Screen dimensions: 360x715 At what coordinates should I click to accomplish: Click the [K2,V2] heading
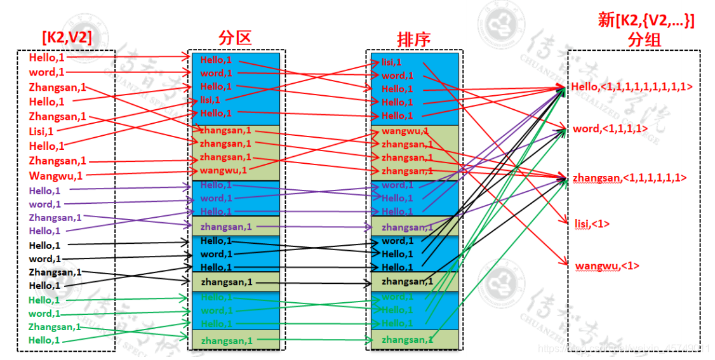pos(67,38)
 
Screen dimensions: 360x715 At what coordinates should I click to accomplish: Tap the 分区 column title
pos(234,38)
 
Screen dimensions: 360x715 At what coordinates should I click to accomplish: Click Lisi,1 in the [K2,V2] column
pos(41,131)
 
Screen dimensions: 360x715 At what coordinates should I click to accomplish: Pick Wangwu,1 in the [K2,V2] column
pos(55,175)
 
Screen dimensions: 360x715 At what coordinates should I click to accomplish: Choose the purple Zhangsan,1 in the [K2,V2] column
pos(55,217)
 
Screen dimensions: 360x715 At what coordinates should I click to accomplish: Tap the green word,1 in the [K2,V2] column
pos(44,314)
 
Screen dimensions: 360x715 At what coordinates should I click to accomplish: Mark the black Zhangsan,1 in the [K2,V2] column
pos(55,272)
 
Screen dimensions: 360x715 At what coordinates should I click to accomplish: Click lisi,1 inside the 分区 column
pos(210,100)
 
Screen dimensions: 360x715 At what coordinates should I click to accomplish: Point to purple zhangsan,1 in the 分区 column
pos(225,227)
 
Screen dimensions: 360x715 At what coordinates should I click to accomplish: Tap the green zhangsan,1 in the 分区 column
pos(226,341)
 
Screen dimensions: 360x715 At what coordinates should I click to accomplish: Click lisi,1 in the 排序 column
pos(391,62)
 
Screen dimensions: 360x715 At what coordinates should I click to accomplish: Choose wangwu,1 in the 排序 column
pos(404,131)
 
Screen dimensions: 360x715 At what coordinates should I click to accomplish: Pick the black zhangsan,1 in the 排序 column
pos(407,281)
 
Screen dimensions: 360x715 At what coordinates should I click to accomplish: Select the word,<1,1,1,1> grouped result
pos(610,128)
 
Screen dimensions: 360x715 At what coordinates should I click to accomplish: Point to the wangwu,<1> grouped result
pos(607,266)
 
